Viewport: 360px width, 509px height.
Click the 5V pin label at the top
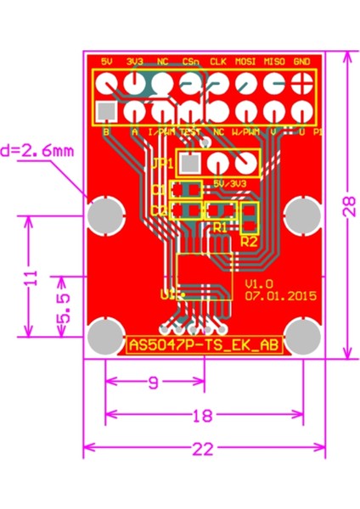pyautogui.click(x=107, y=62)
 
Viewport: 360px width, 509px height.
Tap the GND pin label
pyautogui.click(x=301, y=62)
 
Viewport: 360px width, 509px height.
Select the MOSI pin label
pyautogui.click(x=245, y=62)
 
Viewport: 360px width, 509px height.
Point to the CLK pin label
pyautogui.click(x=218, y=62)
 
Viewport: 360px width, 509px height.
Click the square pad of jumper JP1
pyautogui.click(x=192, y=162)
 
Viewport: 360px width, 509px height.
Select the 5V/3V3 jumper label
pyautogui.click(x=230, y=182)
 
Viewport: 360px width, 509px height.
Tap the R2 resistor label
pyautogui.click(x=249, y=241)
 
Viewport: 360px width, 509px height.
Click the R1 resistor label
pyautogui.click(x=220, y=227)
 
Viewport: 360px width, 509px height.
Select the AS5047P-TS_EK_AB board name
pyautogui.click(x=204, y=344)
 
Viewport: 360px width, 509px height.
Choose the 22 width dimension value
pyautogui.click(x=202, y=450)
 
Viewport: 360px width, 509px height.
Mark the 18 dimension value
pyautogui.click(x=202, y=416)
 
